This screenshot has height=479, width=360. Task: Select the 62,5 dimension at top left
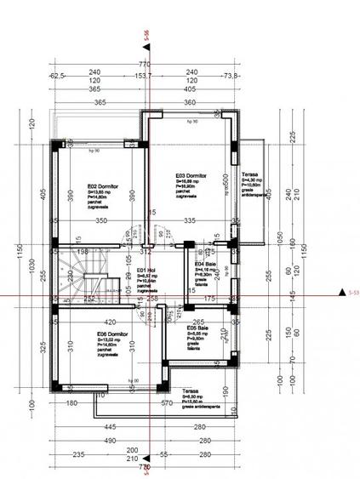pos(58,76)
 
